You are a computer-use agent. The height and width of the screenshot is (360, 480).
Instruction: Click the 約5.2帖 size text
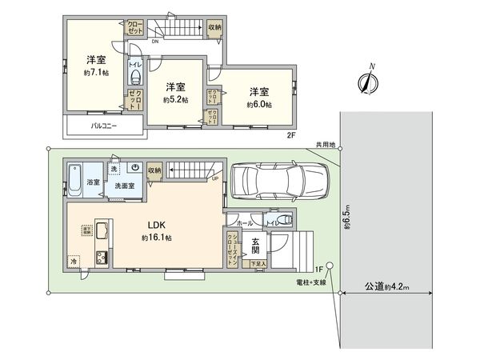175,101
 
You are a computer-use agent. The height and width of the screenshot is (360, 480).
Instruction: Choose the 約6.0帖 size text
258,105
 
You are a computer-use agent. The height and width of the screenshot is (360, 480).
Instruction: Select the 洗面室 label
124,186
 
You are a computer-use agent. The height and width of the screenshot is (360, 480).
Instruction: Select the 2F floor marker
291,135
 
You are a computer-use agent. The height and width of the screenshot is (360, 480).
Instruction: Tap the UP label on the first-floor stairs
214,178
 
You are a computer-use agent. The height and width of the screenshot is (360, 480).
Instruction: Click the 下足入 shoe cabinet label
257,263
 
